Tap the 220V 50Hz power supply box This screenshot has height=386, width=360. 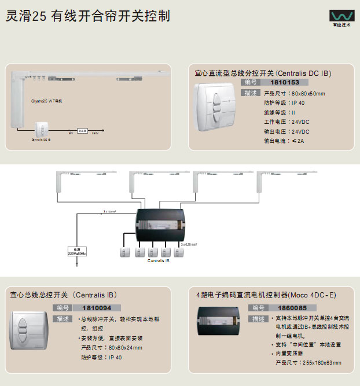click(78, 252)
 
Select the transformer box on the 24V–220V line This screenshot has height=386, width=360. click(83, 131)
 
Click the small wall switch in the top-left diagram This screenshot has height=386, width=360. click(42, 128)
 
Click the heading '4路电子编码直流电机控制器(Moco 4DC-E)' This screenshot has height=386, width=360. click(266, 295)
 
